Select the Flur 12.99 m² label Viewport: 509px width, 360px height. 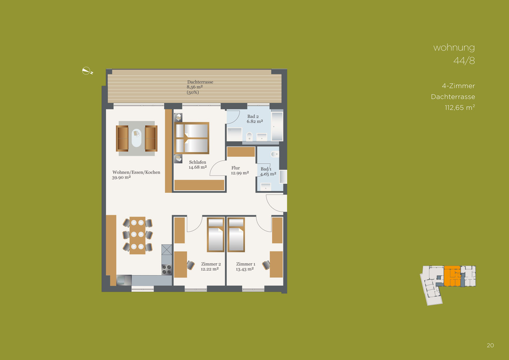point(240,170)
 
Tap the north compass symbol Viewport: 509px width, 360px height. point(87,71)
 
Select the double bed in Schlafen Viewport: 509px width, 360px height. point(192,138)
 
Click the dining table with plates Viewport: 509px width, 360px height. point(137,235)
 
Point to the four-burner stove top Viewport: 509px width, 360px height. point(167,270)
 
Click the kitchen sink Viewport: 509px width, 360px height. point(124,280)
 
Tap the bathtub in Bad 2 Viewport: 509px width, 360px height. point(277,126)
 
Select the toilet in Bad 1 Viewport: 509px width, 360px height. point(275,154)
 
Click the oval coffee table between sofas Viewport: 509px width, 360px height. point(136,138)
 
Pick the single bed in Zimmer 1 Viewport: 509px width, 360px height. point(236,234)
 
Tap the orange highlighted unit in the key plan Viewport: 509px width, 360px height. point(452,276)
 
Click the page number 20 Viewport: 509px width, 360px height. point(490,346)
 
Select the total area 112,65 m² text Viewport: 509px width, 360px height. point(460,107)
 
